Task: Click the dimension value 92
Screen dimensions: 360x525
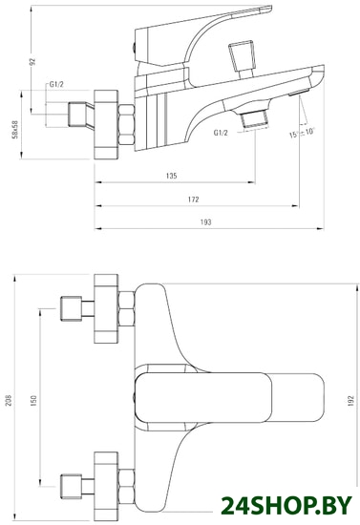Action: pos(32,62)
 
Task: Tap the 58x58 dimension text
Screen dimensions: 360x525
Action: pos(15,130)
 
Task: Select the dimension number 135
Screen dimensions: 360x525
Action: pos(171,176)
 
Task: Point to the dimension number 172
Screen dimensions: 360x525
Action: pos(193,199)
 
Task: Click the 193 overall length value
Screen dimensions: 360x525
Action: pos(206,222)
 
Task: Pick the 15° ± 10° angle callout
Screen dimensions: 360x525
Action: pos(302,133)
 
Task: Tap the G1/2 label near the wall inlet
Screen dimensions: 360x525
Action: pos(56,84)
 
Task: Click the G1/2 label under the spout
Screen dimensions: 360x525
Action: pos(221,133)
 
